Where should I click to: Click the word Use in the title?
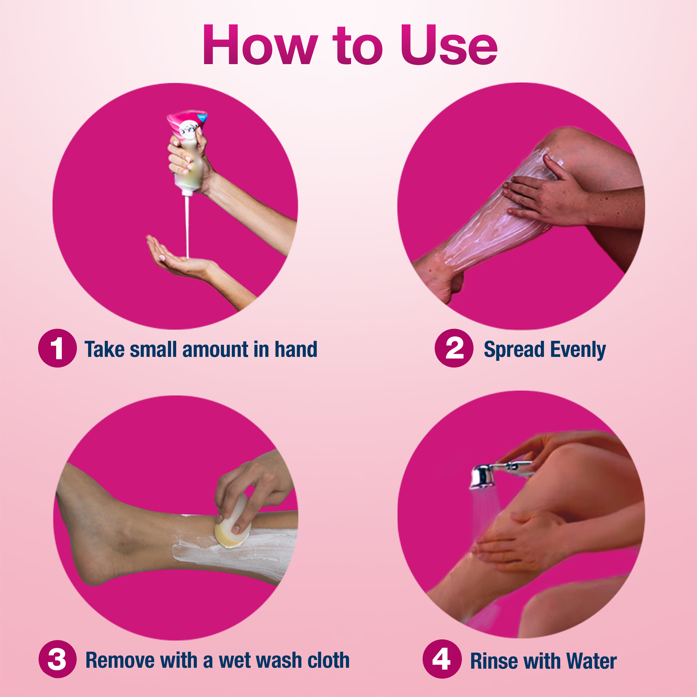[449, 45]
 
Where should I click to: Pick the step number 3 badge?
[57, 659]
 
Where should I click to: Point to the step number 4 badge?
[442, 659]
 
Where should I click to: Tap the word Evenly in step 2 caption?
[578, 350]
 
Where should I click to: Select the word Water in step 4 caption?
[592, 661]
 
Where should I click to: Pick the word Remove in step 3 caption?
[120, 660]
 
